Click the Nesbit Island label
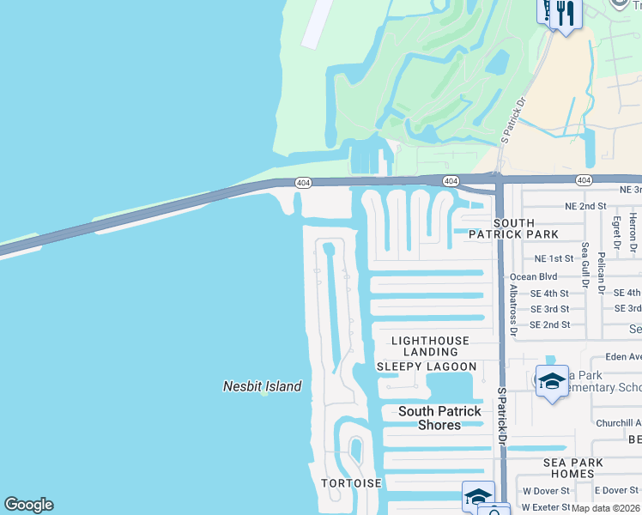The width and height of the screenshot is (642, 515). (x=263, y=386)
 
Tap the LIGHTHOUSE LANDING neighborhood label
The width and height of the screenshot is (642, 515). (x=430, y=346)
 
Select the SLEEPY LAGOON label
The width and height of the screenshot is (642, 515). (x=427, y=367)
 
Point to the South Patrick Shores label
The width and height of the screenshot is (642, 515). (x=439, y=418)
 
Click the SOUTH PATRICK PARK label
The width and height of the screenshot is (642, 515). (x=513, y=227)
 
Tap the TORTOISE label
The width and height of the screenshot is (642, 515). (x=351, y=483)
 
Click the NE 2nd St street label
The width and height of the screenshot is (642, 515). (x=585, y=207)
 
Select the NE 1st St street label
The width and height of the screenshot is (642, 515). (x=553, y=258)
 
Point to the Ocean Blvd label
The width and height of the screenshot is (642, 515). (x=533, y=277)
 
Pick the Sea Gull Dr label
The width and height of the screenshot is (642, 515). (x=584, y=264)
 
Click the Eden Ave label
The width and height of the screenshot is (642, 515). (x=623, y=357)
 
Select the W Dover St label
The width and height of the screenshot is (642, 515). (x=546, y=491)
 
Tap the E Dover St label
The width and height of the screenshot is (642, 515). (x=616, y=491)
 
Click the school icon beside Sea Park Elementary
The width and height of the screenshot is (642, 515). (x=552, y=382)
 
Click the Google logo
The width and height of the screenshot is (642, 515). (x=28, y=506)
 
